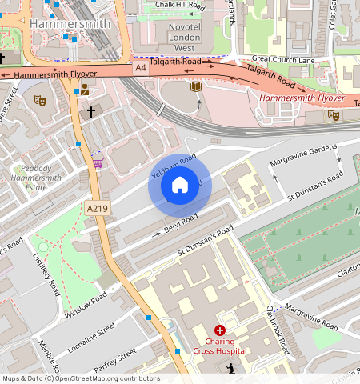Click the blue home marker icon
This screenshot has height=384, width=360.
pos(179,186)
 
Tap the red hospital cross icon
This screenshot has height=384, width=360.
pos(220,330)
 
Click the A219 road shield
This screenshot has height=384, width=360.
pos(96,209)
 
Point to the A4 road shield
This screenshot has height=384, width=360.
pos(141,69)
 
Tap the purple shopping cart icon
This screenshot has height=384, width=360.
pos(98,162)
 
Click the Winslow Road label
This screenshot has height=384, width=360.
pos(86,303)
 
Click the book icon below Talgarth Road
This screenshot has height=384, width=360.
pos(195,86)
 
